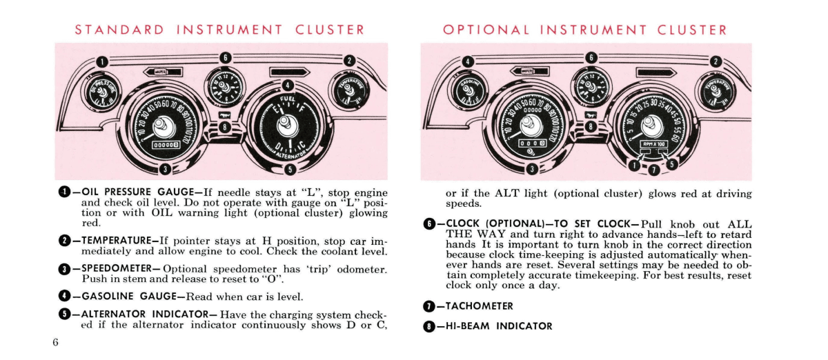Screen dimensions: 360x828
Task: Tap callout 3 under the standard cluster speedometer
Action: [x=164, y=169]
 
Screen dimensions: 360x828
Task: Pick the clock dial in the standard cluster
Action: [x=224, y=84]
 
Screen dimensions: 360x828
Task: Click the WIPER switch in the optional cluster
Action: [x=527, y=71]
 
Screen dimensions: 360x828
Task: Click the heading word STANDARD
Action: [x=119, y=30]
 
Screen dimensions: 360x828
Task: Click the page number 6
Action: [x=55, y=343]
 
